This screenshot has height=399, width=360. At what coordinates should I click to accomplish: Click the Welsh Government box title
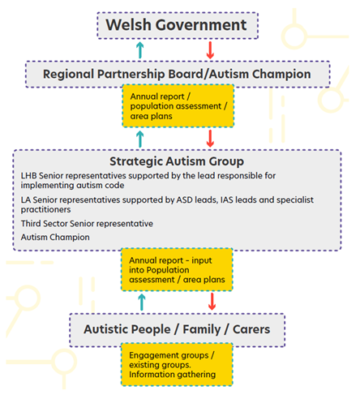pyautogui.click(x=176, y=25)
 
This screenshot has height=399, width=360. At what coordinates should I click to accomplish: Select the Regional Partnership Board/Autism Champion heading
pyautogui.click(x=177, y=74)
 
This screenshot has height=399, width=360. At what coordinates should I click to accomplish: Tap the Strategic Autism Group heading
pyautogui.click(x=177, y=161)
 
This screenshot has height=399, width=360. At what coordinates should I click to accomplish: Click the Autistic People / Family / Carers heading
pyautogui.click(x=177, y=329)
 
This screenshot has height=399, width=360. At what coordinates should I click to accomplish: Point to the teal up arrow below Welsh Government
pyautogui.click(x=139, y=50)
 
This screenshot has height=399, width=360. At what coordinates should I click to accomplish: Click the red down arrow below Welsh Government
pyautogui.click(x=210, y=50)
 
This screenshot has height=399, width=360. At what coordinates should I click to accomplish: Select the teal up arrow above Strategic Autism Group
pyautogui.click(x=139, y=139)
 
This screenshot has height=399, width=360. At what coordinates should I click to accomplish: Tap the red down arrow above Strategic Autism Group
pyautogui.click(x=210, y=139)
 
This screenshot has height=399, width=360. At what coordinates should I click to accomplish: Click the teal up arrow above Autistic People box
pyautogui.click(x=141, y=302)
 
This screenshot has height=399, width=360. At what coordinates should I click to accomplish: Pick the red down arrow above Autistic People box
pyautogui.click(x=212, y=302)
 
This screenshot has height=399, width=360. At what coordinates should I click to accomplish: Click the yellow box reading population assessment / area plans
pyautogui.click(x=178, y=105)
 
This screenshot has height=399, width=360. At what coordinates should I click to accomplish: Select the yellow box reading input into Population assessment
pyautogui.click(x=177, y=269)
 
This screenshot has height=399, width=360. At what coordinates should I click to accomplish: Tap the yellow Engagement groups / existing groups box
pyautogui.click(x=177, y=364)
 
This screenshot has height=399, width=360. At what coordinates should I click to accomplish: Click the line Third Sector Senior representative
pyautogui.click(x=87, y=224)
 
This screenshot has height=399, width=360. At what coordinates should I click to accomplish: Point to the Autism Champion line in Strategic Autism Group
pyautogui.click(x=55, y=238)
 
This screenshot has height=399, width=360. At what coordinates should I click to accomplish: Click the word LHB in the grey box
pyautogui.click(x=29, y=176)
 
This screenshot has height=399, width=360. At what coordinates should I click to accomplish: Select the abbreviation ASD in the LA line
pyautogui.click(x=185, y=200)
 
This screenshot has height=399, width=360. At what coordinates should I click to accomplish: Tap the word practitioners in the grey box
pyautogui.click(x=46, y=210)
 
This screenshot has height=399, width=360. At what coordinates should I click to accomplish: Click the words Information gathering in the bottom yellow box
pyautogui.click(x=172, y=375)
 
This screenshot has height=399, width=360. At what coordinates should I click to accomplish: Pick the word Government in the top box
pyautogui.click(x=201, y=25)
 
